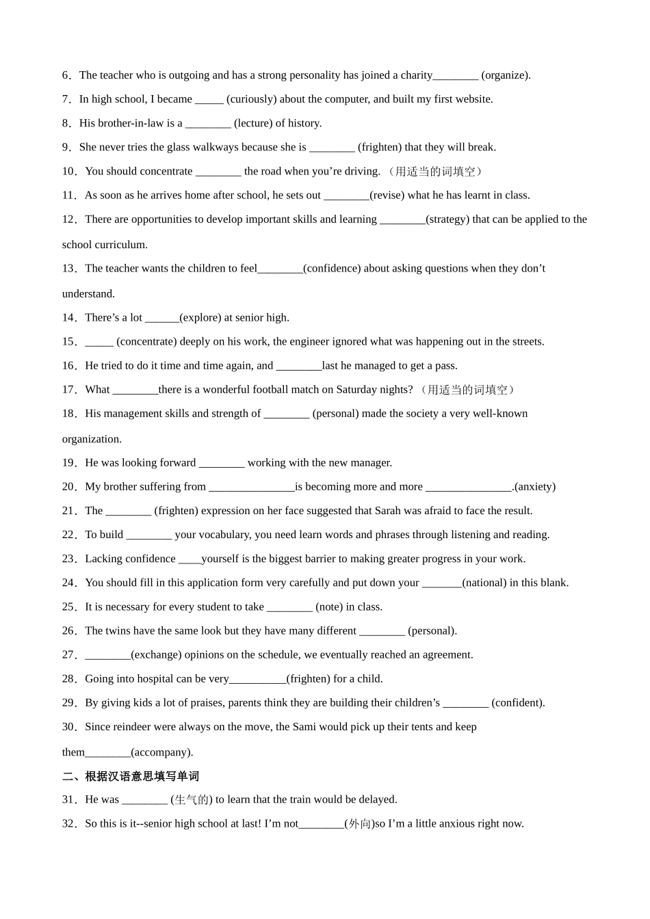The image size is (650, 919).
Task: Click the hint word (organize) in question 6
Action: (506, 75)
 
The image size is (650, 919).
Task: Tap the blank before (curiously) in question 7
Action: (209, 100)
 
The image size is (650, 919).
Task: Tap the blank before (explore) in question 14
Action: (162, 318)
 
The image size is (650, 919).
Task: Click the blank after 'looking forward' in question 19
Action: (222, 464)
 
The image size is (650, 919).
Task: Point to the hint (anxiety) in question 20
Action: (535, 487)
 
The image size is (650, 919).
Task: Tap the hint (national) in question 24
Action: (484, 583)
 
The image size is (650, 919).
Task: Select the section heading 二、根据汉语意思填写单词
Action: (131, 776)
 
